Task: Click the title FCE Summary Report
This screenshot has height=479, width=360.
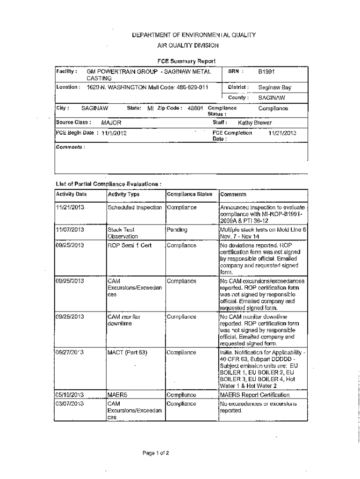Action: (x=186, y=61)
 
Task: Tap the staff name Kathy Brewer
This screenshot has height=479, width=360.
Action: (x=255, y=123)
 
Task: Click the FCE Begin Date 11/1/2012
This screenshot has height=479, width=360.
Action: (x=114, y=133)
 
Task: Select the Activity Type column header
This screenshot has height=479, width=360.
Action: (x=123, y=194)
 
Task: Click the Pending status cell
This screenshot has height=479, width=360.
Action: (x=177, y=230)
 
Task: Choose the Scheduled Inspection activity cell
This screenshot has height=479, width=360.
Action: (x=135, y=207)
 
